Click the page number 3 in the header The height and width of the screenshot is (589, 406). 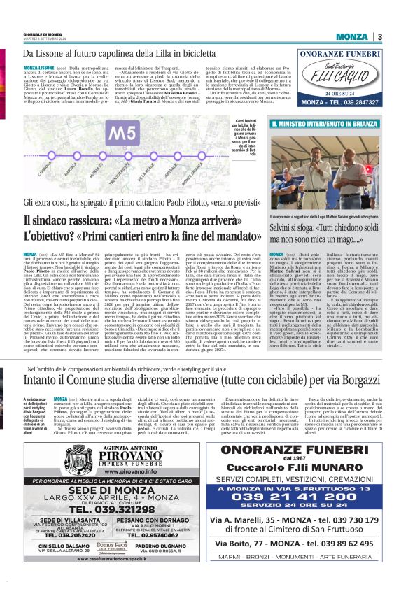tap(379, 36)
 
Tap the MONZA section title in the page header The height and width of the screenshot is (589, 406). tap(351, 36)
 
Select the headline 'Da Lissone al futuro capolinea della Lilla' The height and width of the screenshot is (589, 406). tap(118, 53)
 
